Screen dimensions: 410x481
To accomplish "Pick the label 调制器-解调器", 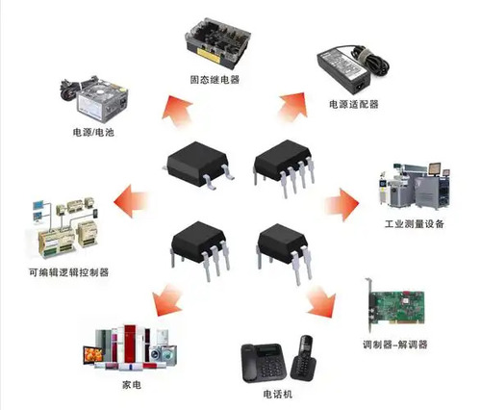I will coord(394,344).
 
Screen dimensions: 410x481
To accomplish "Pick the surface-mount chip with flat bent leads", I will coord(199,160).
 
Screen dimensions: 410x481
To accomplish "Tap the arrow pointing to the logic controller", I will coord(132,203).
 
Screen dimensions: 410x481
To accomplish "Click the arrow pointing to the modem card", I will coord(319,300).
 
